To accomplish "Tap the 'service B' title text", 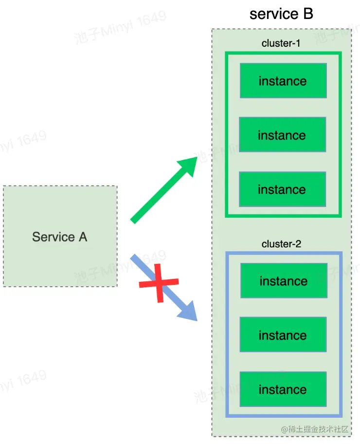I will (281, 14).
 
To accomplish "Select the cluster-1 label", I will (281, 43).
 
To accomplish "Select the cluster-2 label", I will (281, 244).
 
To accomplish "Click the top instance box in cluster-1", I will (283, 81).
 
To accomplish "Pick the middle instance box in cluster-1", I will (283, 135).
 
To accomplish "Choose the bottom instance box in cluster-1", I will (283, 189).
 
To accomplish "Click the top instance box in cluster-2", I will (284, 281).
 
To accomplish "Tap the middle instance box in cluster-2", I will (283, 335).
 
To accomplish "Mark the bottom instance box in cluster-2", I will (283, 389).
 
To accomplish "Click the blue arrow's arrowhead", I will (189, 312).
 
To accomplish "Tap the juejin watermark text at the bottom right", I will (315, 429).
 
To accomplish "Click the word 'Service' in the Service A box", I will (52, 237).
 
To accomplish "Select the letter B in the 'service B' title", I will (308, 14).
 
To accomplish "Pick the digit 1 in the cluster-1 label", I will (298, 43).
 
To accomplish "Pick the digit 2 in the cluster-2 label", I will (298, 244).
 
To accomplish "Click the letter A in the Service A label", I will (82, 237).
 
